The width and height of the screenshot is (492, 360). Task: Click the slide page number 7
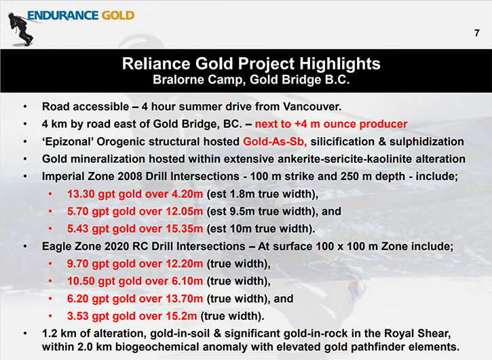477,33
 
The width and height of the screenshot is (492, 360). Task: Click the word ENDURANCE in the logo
62,16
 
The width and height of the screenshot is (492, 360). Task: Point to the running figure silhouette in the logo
20,29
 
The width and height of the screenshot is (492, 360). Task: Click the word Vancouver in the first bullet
312,107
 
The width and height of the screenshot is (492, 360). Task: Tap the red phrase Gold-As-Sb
275,142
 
